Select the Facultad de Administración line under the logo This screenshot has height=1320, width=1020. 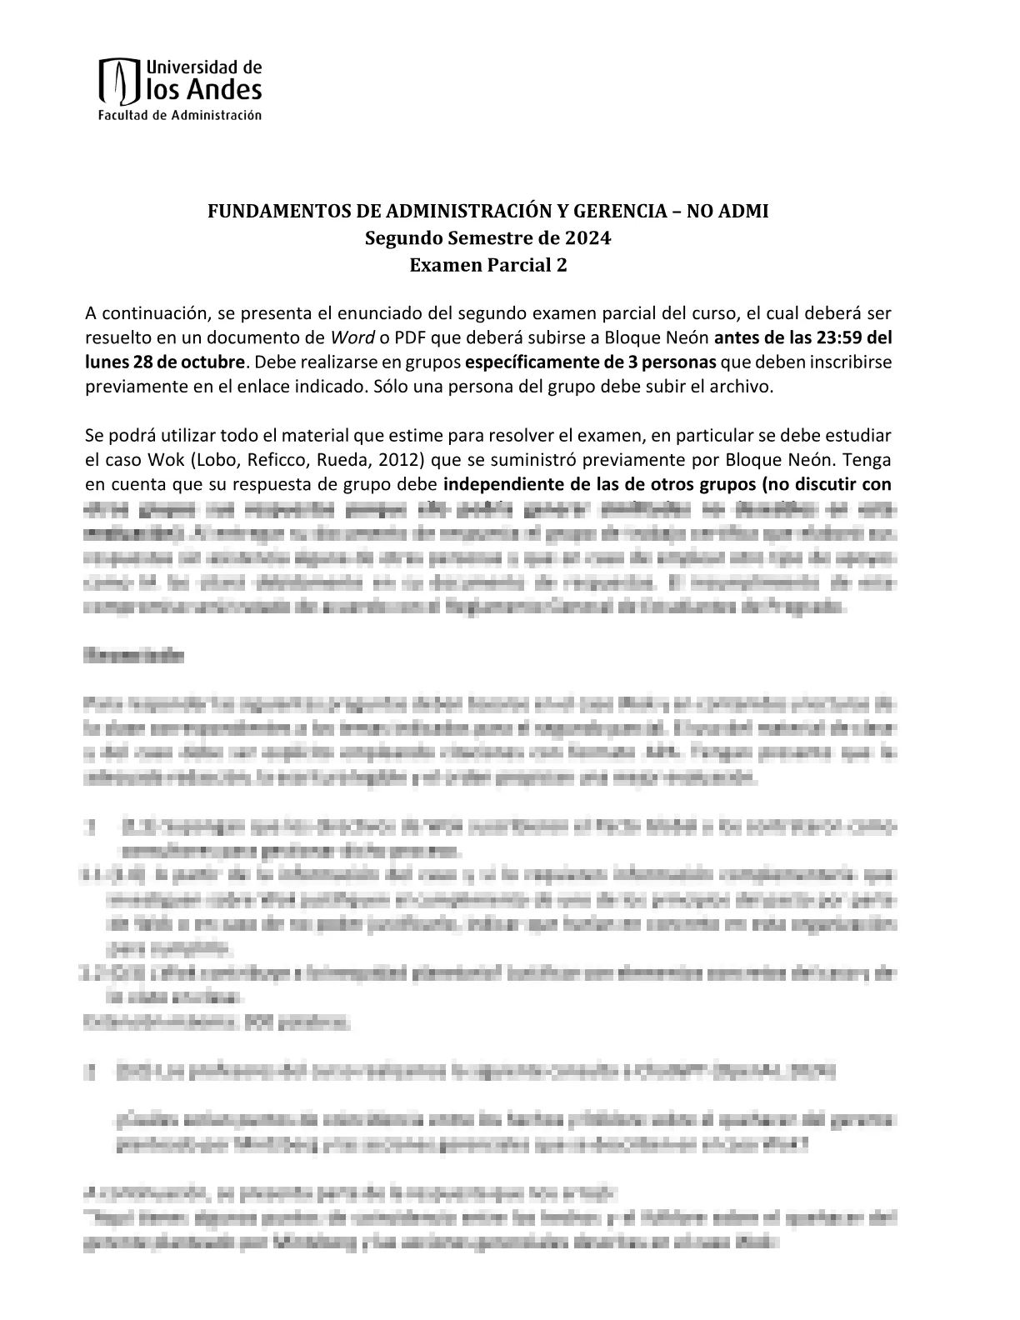(180, 115)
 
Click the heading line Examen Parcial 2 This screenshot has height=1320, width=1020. (488, 265)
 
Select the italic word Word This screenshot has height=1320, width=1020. (349, 338)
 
